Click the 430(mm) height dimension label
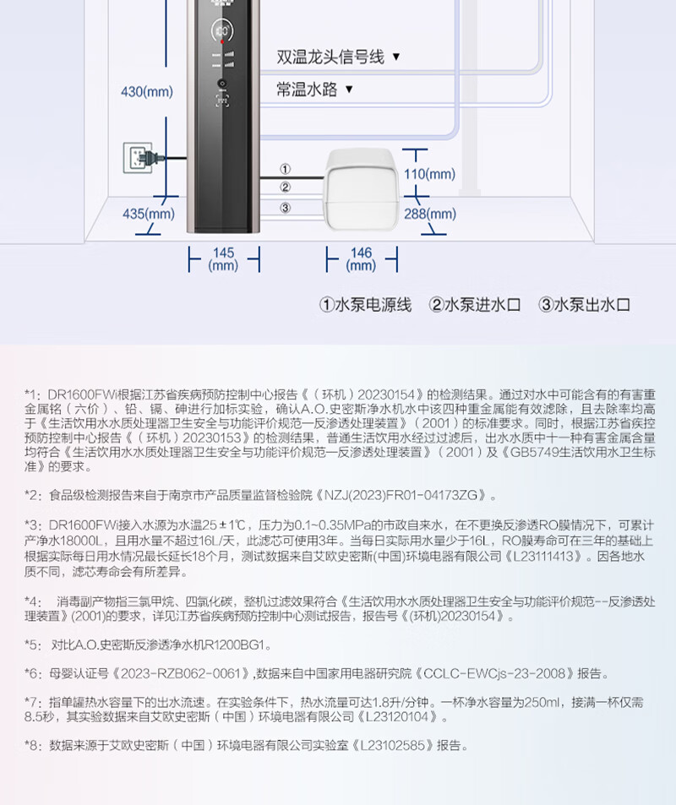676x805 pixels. (x=147, y=92)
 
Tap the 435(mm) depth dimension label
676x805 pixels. (x=148, y=214)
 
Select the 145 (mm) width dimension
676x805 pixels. (x=223, y=258)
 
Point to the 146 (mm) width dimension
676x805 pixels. (x=361, y=258)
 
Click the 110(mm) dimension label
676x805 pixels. (x=428, y=174)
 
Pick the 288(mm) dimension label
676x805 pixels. (x=428, y=214)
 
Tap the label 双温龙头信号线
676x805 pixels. (x=330, y=57)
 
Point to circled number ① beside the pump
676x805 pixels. (x=286, y=169)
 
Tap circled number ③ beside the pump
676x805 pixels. (x=286, y=208)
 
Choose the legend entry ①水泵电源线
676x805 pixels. (x=365, y=305)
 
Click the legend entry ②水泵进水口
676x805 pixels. (x=475, y=305)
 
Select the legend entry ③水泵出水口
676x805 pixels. (x=585, y=305)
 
